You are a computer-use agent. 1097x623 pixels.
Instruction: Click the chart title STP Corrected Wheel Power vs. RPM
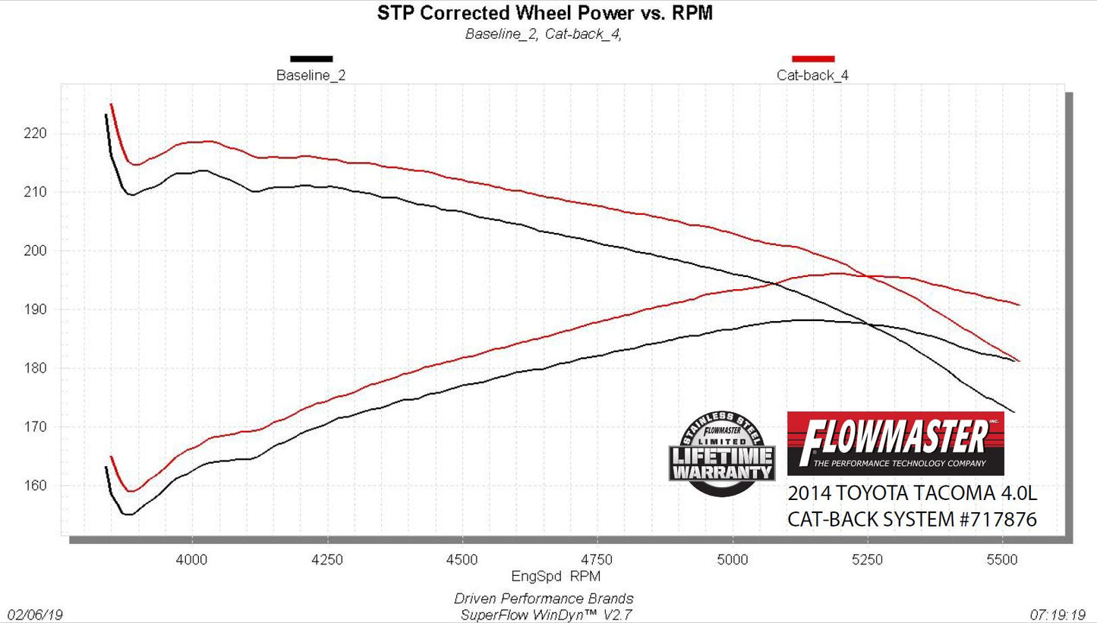pos(545,13)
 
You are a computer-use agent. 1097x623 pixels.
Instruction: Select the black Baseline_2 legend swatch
pos(311,58)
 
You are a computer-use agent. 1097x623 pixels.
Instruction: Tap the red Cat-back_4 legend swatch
pos(813,58)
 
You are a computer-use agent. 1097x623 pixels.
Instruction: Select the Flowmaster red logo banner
pos(896,443)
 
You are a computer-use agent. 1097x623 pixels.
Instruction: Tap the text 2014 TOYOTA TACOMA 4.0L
pos(912,493)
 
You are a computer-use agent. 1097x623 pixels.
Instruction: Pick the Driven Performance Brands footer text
pos(544,599)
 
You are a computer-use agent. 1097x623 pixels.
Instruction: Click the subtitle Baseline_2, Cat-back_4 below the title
pos(544,33)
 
